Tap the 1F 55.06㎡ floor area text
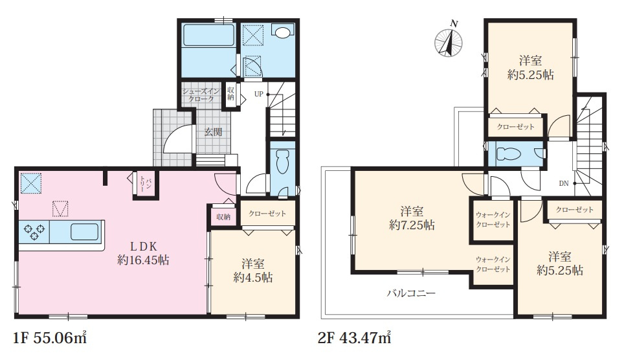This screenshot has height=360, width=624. (x=50, y=339)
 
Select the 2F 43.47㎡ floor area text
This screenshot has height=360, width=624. (x=354, y=339)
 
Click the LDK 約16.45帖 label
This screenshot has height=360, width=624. (x=143, y=253)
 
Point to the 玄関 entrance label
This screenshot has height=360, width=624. (x=214, y=132)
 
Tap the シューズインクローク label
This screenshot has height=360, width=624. (x=201, y=95)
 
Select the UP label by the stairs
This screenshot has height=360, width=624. (x=259, y=95)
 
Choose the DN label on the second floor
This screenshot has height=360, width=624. (x=564, y=184)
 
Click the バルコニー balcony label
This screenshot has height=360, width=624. (x=412, y=293)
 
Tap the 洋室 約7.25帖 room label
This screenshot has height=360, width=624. (x=412, y=218)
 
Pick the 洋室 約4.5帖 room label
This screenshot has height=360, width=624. (x=253, y=271)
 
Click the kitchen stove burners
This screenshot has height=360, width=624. (x=34, y=232)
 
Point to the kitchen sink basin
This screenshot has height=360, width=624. (x=84, y=231)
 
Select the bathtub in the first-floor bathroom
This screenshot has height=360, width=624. (x=208, y=36)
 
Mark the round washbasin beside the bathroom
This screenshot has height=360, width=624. (x=283, y=32)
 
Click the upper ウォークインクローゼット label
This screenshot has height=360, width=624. (x=493, y=220)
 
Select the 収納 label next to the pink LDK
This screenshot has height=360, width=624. (x=223, y=217)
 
